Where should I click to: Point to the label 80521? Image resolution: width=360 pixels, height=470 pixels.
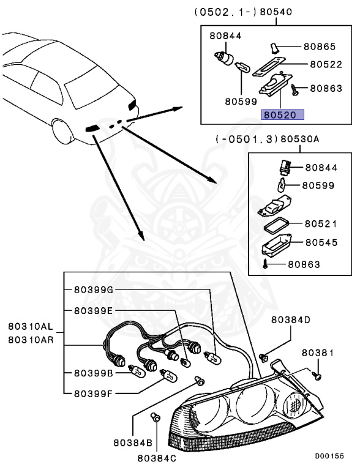[321, 224]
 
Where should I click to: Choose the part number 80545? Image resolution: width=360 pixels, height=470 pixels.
[321, 243]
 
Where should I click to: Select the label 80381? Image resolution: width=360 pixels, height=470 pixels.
[318, 354]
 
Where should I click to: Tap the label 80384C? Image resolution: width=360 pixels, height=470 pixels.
[157, 457]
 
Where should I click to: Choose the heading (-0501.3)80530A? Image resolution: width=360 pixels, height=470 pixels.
[268, 140]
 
